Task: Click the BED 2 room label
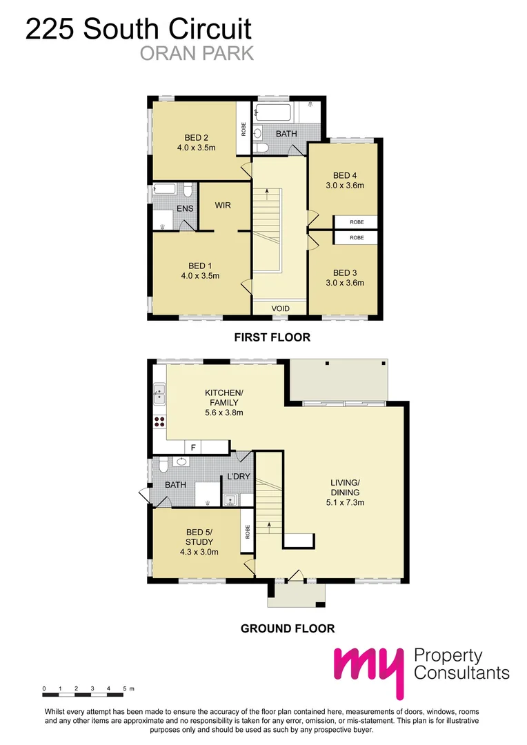(197, 138)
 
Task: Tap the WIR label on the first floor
(223, 206)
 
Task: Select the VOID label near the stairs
(280, 308)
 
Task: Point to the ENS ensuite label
(185, 208)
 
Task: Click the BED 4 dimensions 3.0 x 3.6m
(345, 186)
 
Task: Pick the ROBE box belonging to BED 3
(357, 237)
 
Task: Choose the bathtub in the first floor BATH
(272, 112)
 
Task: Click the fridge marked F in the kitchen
(193, 447)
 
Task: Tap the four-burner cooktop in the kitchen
(159, 422)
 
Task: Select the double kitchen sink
(159, 393)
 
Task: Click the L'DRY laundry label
(239, 476)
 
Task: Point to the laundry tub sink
(231, 500)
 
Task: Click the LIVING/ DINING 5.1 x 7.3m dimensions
(346, 502)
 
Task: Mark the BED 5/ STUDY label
(199, 537)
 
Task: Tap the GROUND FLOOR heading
(288, 628)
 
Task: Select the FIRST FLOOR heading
(272, 337)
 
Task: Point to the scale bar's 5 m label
(128, 688)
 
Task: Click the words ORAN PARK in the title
(197, 53)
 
